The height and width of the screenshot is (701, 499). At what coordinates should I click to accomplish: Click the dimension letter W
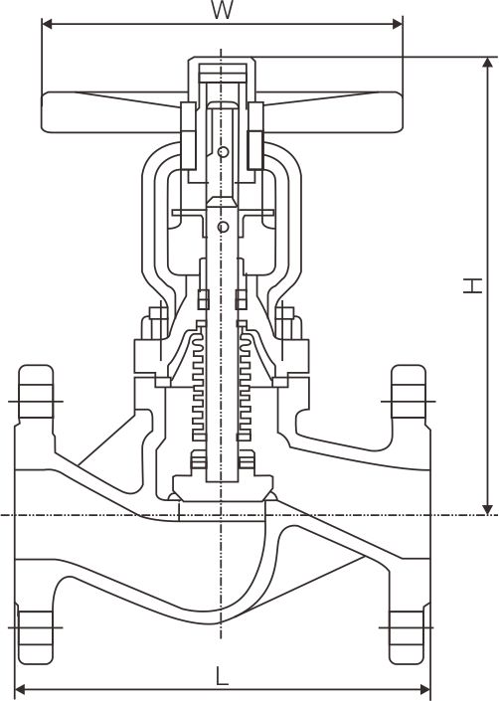222,11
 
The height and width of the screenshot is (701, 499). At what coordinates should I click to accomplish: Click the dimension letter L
223,676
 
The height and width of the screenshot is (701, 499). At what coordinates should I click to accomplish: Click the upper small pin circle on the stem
223,152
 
